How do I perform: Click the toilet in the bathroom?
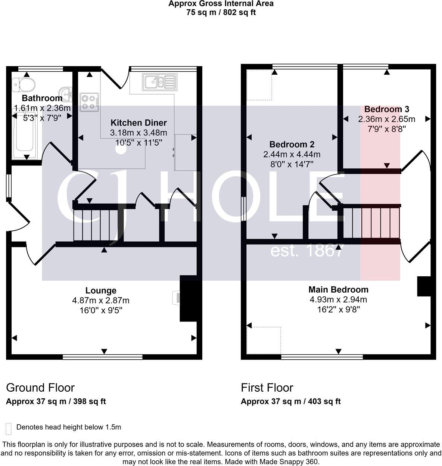(23, 84)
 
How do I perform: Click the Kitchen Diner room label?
(138, 123)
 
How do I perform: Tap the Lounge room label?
(101, 291)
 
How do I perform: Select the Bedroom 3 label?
(387, 109)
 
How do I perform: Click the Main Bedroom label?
(338, 289)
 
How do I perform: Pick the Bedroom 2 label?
(292, 144)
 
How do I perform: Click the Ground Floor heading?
(40, 388)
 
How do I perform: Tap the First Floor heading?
(267, 388)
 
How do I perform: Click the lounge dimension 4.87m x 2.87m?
(101, 300)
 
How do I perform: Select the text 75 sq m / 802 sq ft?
(221, 12)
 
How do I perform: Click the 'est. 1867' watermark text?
(306, 251)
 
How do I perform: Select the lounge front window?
(103, 357)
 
